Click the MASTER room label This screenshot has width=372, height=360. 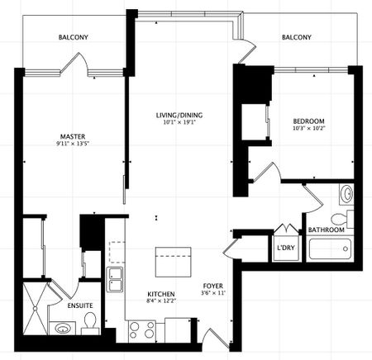pyautogui.click(x=74, y=136)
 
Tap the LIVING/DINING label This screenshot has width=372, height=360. pyautogui.click(x=179, y=115)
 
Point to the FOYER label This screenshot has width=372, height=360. pyautogui.click(x=213, y=286)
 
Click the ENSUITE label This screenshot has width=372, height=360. pyautogui.click(x=79, y=305)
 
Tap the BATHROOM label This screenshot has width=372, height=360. pyautogui.click(x=327, y=230)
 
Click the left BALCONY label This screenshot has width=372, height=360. pyautogui.click(x=74, y=37)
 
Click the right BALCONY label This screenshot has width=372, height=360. pyautogui.click(x=297, y=37)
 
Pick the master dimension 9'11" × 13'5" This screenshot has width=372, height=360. pyautogui.click(x=74, y=145)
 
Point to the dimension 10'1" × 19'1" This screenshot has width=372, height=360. pyautogui.click(x=179, y=123)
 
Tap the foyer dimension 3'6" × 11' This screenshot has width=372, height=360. pyautogui.click(x=213, y=294)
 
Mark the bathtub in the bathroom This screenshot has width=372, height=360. pyautogui.click(x=328, y=249)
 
